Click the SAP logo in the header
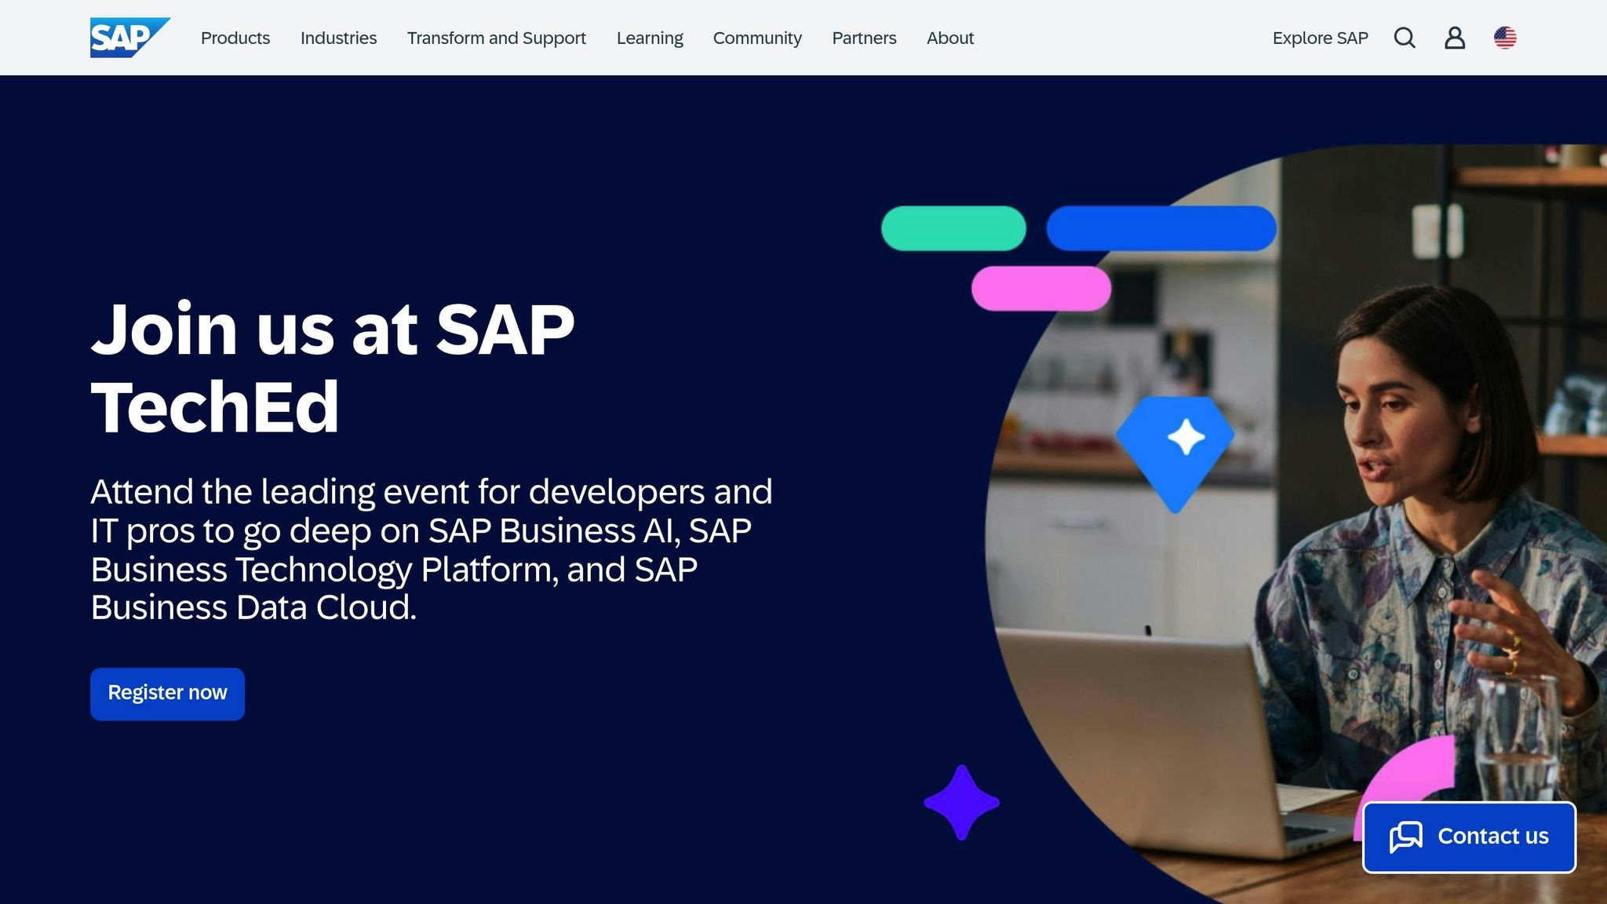pos(129,38)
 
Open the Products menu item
pos(235,38)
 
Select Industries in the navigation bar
pos(338,38)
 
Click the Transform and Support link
pos(496,38)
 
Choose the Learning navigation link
pos(650,38)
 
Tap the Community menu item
pos(757,38)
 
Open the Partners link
pos(864,38)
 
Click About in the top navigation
pos(949,38)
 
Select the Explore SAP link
pos(1320,38)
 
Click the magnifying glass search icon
pos(1405,38)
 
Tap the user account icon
pos(1455,38)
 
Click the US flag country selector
pos(1505,38)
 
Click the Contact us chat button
pos(1469,837)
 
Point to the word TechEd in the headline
pos(215,406)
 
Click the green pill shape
pos(953,228)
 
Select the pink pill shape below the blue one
pos(1040,288)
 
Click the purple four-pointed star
pos(961,802)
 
